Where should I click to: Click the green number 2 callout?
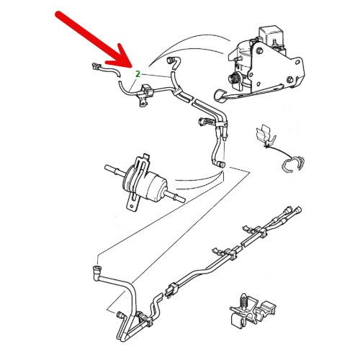click(138, 74)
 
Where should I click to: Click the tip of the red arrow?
click(132, 68)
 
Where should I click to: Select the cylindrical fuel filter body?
click(146, 184)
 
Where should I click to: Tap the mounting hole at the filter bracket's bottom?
click(132, 206)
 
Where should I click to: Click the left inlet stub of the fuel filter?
click(113, 170)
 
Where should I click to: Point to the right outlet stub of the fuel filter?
click(176, 196)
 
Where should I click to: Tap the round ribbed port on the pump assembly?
click(233, 78)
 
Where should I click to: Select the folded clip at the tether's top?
click(265, 135)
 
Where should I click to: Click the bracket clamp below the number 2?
click(145, 95)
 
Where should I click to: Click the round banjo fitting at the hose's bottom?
click(220, 165)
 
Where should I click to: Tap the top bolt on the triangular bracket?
click(259, 51)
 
